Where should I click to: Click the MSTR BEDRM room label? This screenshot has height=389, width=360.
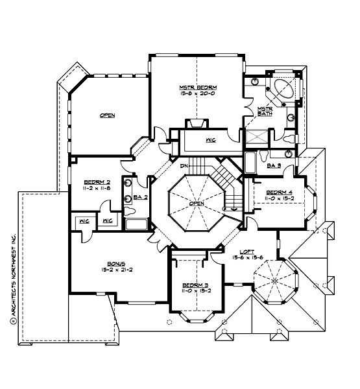(198, 87)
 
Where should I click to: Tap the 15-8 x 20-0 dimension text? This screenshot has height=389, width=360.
(198, 94)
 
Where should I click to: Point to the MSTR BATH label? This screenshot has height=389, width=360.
(264, 111)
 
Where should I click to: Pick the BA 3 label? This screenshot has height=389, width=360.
(274, 166)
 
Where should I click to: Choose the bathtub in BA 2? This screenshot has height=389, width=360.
(136, 225)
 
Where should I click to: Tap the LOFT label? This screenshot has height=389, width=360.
(246, 252)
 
